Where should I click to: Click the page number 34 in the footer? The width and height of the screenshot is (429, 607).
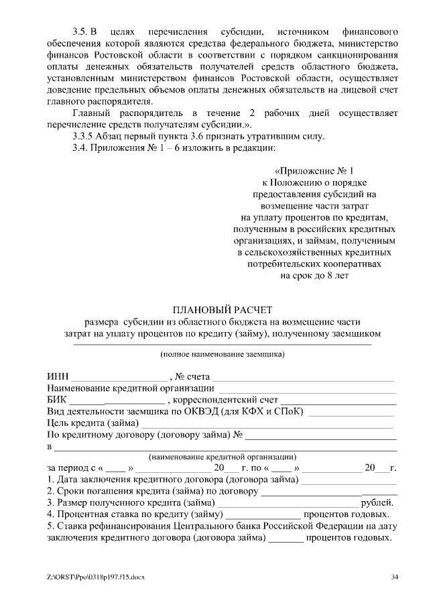point(394,577)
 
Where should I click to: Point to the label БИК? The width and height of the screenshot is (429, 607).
point(58,400)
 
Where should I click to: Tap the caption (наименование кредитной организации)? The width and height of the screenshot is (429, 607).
point(222,456)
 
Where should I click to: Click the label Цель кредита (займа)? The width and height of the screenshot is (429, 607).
point(93,423)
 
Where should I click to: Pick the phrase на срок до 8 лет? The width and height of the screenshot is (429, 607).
point(314,275)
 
